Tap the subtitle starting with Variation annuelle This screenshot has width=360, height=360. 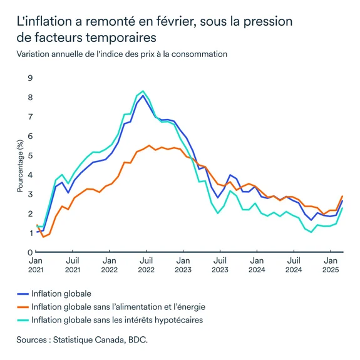[122, 54]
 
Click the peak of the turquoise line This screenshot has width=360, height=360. [143, 91]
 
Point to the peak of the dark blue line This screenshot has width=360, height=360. [143, 96]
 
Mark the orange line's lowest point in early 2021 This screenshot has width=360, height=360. [43, 237]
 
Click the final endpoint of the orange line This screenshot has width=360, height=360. [342, 196]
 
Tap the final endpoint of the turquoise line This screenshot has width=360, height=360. [342, 208]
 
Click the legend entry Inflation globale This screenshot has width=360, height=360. [61, 293]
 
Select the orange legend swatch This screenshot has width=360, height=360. [23, 307]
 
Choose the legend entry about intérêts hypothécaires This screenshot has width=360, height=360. [117, 320]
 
